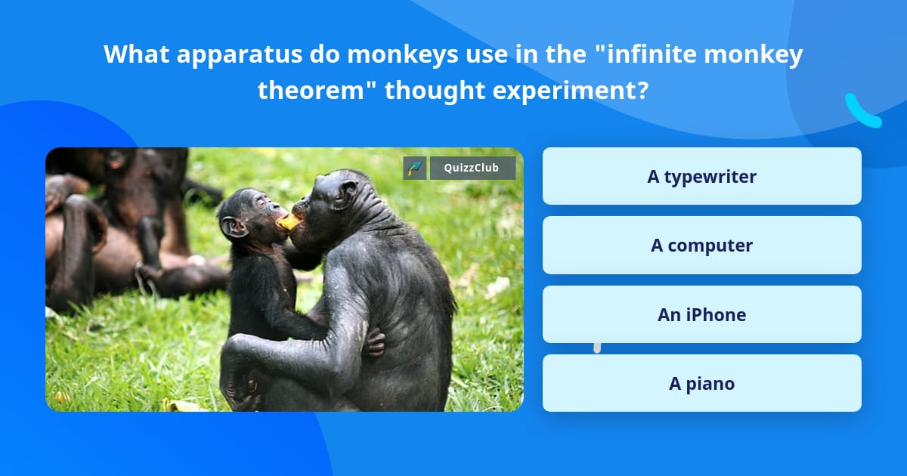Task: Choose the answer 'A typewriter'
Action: pos(701,176)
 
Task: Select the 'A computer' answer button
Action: pos(701,246)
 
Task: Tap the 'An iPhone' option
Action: pos(701,314)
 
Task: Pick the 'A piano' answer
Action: pos(701,383)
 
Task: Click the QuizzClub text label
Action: pos(472,168)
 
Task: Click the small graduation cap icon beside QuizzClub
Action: pos(415,168)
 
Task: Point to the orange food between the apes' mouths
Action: pos(289,222)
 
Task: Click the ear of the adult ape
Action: pos(348,193)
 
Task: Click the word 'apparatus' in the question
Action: pos(240,54)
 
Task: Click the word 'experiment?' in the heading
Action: pos(571,91)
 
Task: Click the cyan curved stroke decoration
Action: pos(862,113)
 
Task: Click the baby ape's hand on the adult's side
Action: pos(375,343)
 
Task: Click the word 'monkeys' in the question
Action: pos(402,54)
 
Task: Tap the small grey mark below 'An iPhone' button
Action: pos(597,348)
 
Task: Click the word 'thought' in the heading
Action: pos(435,91)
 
